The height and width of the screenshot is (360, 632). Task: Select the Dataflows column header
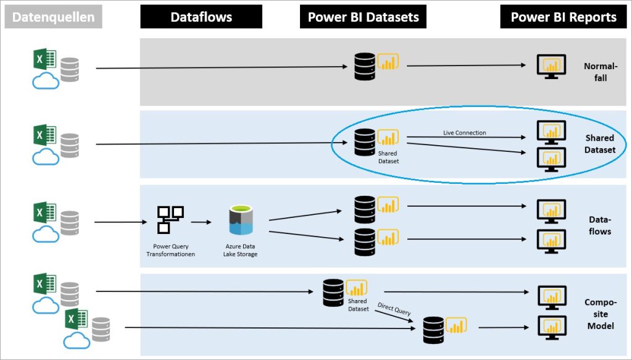[x=201, y=17]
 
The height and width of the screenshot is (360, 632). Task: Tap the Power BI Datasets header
[x=363, y=17]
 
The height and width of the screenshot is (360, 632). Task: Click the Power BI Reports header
[x=563, y=17]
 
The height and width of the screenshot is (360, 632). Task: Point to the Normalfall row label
[x=600, y=72]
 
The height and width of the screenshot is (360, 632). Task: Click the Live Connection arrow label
[x=464, y=133]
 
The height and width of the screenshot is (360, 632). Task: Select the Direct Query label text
[x=394, y=309]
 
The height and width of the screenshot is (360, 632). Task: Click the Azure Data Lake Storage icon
[x=241, y=221]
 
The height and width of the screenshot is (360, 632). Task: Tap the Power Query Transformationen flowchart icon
[x=170, y=219]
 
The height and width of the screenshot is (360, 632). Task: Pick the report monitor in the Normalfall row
[x=551, y=65]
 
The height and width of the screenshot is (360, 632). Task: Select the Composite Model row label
[x=600, y=314]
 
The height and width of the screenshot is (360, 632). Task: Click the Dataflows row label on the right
[x=600, y=225]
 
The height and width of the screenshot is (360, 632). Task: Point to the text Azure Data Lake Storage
[x=241, y=250]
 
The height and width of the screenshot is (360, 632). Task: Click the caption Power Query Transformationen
[x=170, y=250]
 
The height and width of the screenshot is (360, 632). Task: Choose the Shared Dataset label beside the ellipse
[x=600, y=144]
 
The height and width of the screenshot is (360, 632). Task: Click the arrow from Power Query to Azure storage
[x=200, y=220]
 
